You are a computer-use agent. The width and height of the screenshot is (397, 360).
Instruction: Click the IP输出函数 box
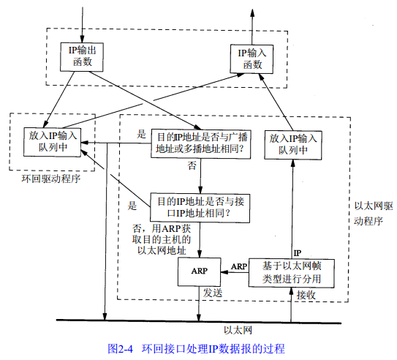(x=83, y=56)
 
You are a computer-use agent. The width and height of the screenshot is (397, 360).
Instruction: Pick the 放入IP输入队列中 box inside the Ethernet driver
(x=292, y=143)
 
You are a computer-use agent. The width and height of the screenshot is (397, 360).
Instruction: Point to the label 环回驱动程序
(x=50, y=178)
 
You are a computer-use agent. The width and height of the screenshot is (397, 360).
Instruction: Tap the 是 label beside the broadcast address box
(x=142, y=135)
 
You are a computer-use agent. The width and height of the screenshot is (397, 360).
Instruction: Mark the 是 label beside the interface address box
(x=133, y=204)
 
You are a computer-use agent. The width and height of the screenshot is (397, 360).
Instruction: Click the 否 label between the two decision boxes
(x=192, y=166)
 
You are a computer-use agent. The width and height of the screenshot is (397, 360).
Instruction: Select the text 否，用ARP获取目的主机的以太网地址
(x=160, y=239)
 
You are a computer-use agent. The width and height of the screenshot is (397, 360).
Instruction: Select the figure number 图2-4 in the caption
(x=122, y=348)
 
